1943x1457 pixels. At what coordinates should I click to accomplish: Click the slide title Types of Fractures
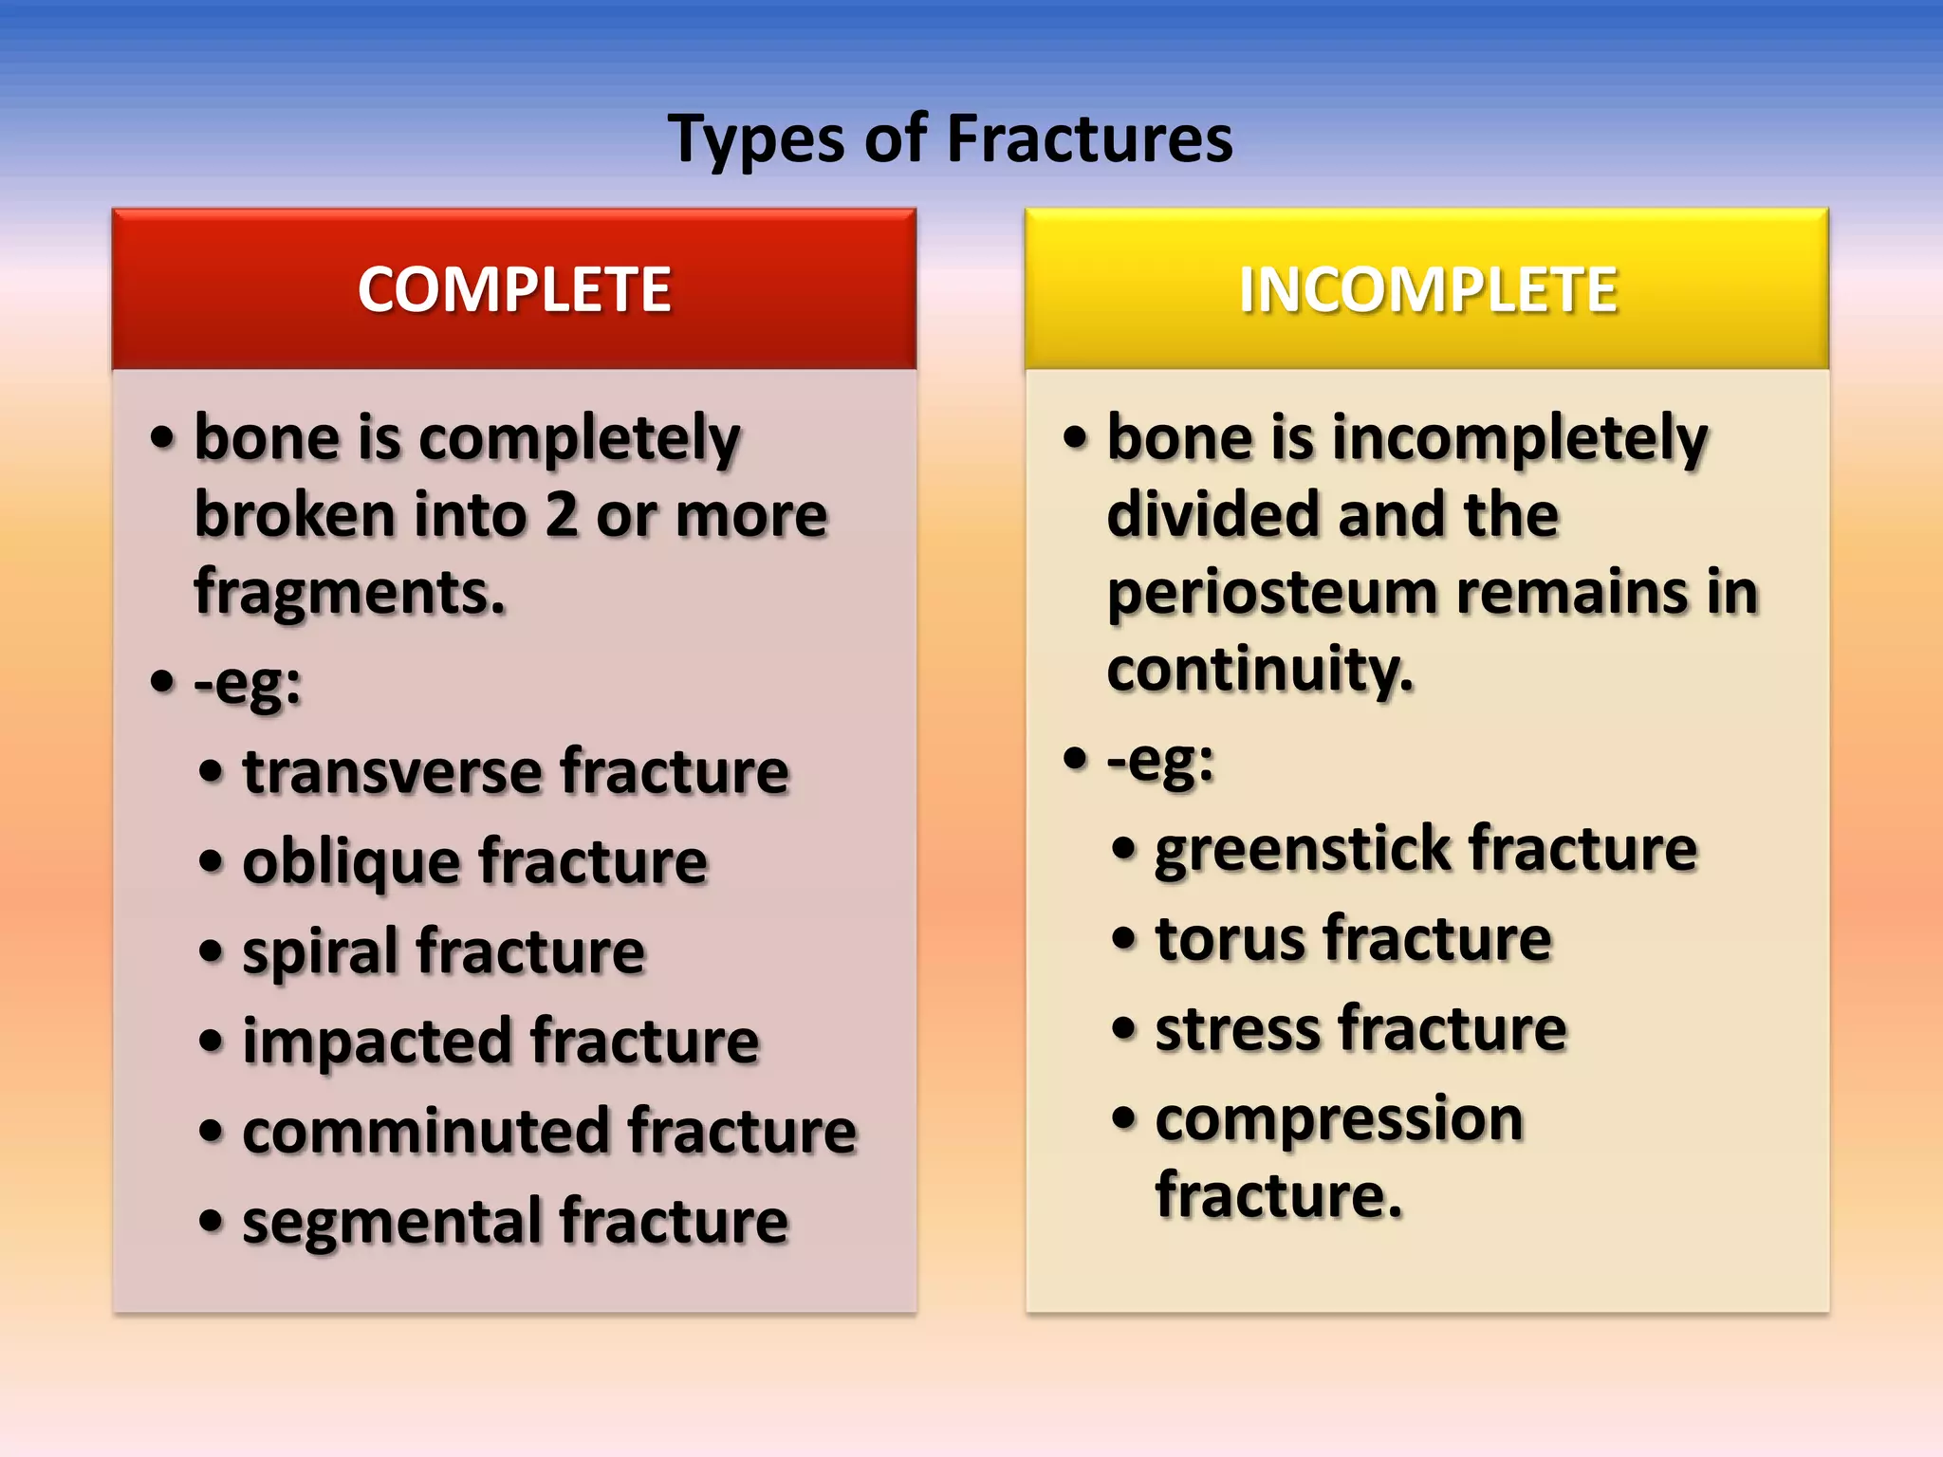pyautogui.click(x=950, y=139)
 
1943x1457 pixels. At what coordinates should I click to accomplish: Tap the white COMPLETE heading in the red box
pyautogui.click(x=514, y=289)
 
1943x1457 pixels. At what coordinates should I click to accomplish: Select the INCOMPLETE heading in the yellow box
pyautogui.click(x=1428, y=289)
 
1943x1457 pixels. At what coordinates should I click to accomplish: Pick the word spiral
pyautogui.click(x=321, y=952)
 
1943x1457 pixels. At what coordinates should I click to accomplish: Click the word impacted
pyautogui.click(x=378, y=1042)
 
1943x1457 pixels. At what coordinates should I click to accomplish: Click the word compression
pyautogui.click(x=1339, y=1119)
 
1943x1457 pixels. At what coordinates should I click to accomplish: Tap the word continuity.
pyautogui.click(x=1259, y=670)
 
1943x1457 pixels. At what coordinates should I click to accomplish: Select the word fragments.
pyautogui.click(x=349, y=593)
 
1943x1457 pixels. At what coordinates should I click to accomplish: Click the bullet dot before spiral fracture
pyautogui.click(x=211, y=951)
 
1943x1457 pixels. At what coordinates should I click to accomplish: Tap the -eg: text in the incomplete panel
pyautogui.click(x=1160, y=760)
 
